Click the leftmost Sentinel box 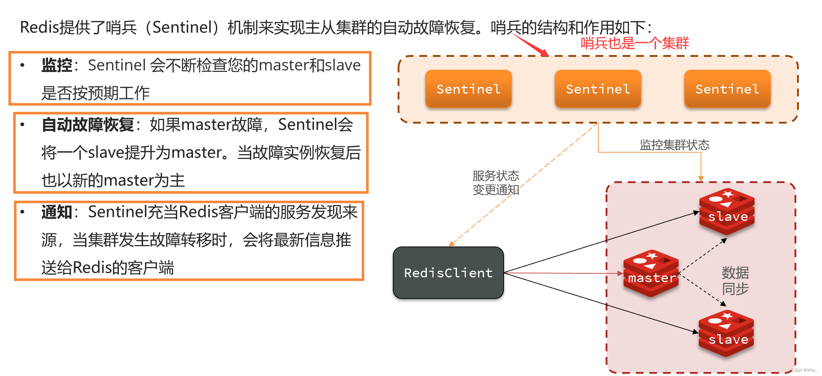click(x=468, y=89)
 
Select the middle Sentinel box click(x=598, y=89)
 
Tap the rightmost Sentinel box click(x=727, y=89)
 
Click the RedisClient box click(x=448, y=273)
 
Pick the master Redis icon click(x=651, y=273)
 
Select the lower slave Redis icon click(x=727, y=333)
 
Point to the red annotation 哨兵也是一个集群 click(x=635, y=43)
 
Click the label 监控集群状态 click(x=675, y=145)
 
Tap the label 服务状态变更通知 click(x=496, y=183)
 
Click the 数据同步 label click(x=735, y=281)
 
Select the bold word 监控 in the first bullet click(x=56, y=65)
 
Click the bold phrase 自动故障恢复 click(x=88, y=125)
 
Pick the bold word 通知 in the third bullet click(x=56, y=212)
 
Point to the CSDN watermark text click(x=803, y=370)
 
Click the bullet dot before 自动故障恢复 click(x=22, y=125)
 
